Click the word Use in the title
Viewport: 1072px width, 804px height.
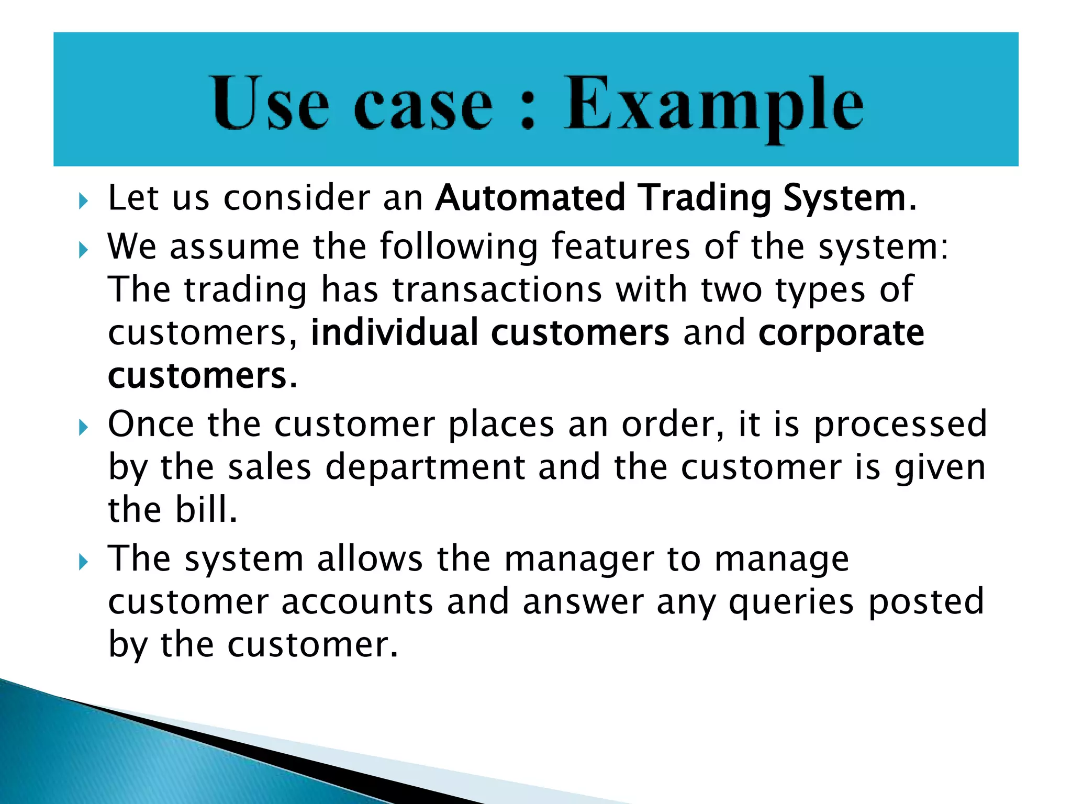(x=270, y=103)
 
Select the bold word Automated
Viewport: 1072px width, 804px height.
(x=530, y=198)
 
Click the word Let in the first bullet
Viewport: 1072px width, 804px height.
(x=133, y=198)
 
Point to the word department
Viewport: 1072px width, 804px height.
(x=425, y=469)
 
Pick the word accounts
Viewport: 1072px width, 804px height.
(x=358, y=602)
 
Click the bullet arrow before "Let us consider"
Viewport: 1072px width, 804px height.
(x=83, y=201)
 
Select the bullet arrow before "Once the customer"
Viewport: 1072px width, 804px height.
(x=83, y=428)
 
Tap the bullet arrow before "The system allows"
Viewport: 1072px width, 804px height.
(x=83, y=562)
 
